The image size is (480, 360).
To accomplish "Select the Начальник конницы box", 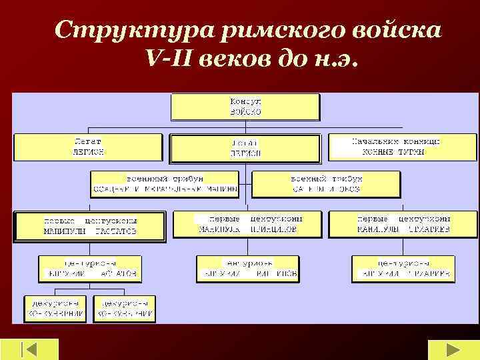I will tap(402, 147).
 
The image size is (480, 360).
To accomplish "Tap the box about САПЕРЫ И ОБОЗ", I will tap(327, 184).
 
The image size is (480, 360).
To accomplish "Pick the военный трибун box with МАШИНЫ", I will tap(164, 184).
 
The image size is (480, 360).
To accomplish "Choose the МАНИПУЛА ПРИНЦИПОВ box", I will tap(247, 224).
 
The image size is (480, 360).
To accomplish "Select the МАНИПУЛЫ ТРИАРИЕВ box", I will tap(403, 224).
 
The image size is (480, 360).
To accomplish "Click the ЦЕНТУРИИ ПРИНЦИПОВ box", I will tap(247, 268).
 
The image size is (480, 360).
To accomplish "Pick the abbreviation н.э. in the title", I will tap(337, 61).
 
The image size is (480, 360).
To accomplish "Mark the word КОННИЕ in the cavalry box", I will tap(380, 152).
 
